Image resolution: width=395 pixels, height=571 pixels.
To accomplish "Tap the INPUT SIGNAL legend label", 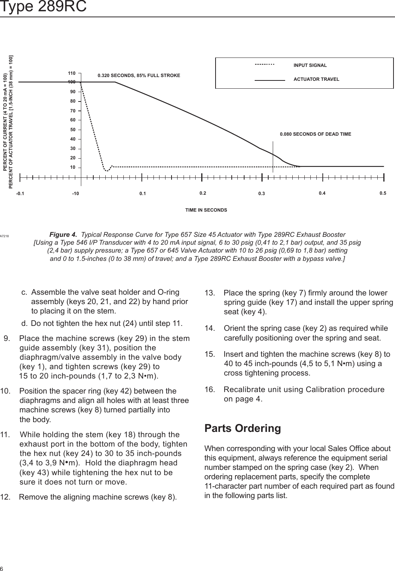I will click(x=310, y=65).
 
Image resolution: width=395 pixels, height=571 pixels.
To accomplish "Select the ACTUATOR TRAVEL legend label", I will click(x=316, y=79).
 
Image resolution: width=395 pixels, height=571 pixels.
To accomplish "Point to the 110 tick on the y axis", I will click(x=72, y=73).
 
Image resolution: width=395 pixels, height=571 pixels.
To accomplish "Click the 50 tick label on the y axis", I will click(x=73, y=130).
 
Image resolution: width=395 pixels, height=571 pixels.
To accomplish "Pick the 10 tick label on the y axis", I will click(x=73, y=167).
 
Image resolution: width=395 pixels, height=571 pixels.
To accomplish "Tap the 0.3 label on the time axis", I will click(x=261, y=194).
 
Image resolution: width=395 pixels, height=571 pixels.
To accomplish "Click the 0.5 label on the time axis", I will click(x=383, y=193).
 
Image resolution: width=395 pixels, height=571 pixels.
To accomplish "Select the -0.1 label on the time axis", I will click(x=20, y=194).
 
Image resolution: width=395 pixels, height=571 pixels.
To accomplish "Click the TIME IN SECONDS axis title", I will click(x=206, y=210).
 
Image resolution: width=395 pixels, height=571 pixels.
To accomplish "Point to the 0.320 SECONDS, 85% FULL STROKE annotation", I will click(x=139, y=76).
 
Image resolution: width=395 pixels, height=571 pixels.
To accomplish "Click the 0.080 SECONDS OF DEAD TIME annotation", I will click(x=315, y=134).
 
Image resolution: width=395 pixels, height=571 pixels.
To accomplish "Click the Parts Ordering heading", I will click(x=242, y=429).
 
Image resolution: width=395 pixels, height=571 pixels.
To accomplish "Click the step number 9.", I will click(x=7, y=338).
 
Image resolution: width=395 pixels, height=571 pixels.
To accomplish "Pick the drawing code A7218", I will click(x=5, y=236).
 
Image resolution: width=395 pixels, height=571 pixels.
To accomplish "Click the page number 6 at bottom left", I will click(x=2, y=568).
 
